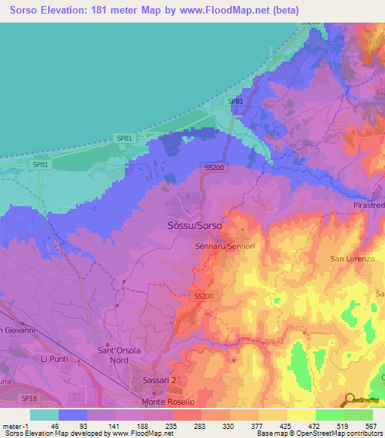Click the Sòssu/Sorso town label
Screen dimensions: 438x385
click(192, 225)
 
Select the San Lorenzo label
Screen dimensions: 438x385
click(353, 259)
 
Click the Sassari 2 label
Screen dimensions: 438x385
click(159, 382)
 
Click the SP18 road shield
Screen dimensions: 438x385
click(29, 398)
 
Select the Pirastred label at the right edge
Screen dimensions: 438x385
click(368, 205)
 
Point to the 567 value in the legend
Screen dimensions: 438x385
click(370, 425)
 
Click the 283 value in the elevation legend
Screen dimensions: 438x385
click(199, 425)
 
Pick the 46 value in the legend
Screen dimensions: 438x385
click(56, 425)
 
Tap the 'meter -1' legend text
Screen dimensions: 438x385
click(15, 425)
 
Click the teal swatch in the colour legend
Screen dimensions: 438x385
click(44, 415)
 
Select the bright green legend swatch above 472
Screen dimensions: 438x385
click(329, 415)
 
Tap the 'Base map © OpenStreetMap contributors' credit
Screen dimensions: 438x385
click(320, 433)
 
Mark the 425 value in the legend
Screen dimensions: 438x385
click(284, 425)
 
